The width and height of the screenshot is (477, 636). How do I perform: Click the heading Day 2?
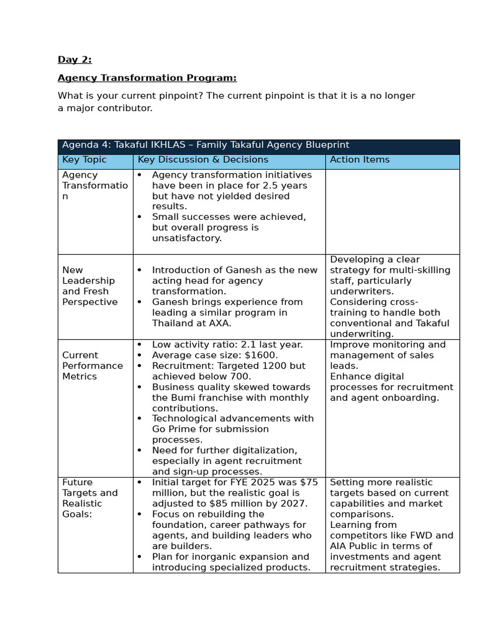[75, 60]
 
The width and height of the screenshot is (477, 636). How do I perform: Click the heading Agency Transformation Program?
[147, 78]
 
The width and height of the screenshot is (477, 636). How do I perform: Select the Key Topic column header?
[84, 160]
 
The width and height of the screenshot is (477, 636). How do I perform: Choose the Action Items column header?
[360, 160]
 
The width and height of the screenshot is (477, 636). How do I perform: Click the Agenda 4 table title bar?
[258, 145]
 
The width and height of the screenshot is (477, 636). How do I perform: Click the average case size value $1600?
[261, 355]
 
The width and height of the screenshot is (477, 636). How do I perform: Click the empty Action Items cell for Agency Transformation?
[392, 211]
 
